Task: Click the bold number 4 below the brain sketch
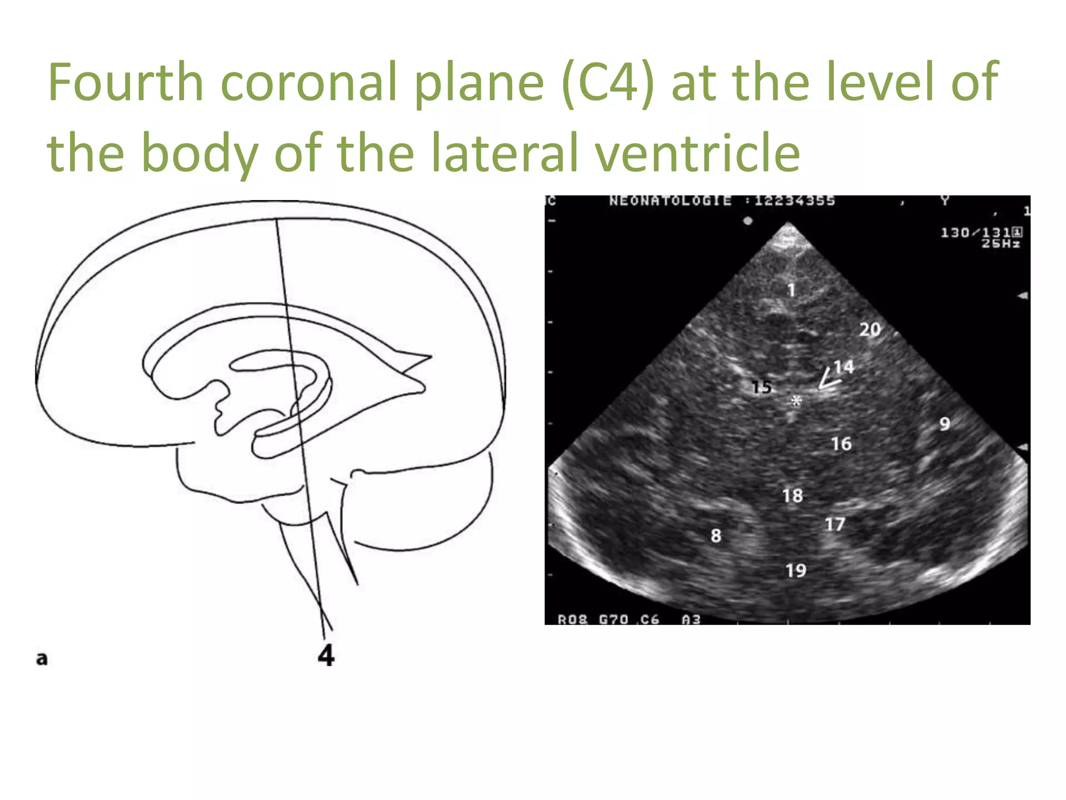click(326, 655)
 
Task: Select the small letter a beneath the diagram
click(42, 659)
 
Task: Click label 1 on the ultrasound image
click(791, 290)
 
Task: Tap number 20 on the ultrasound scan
click(870, 330)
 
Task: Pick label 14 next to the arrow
click(844, 367)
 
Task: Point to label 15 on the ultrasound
click(762, 387)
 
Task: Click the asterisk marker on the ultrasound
click(796, 401)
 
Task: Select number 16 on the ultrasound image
click(841, 444)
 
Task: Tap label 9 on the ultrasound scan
click(945, 424)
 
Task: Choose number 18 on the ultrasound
click(792, 496)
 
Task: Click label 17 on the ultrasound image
click(835, 524)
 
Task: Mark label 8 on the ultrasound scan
click(716, 535)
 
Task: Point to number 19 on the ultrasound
click(796, 571)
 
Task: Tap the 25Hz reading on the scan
click(1000, 243)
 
